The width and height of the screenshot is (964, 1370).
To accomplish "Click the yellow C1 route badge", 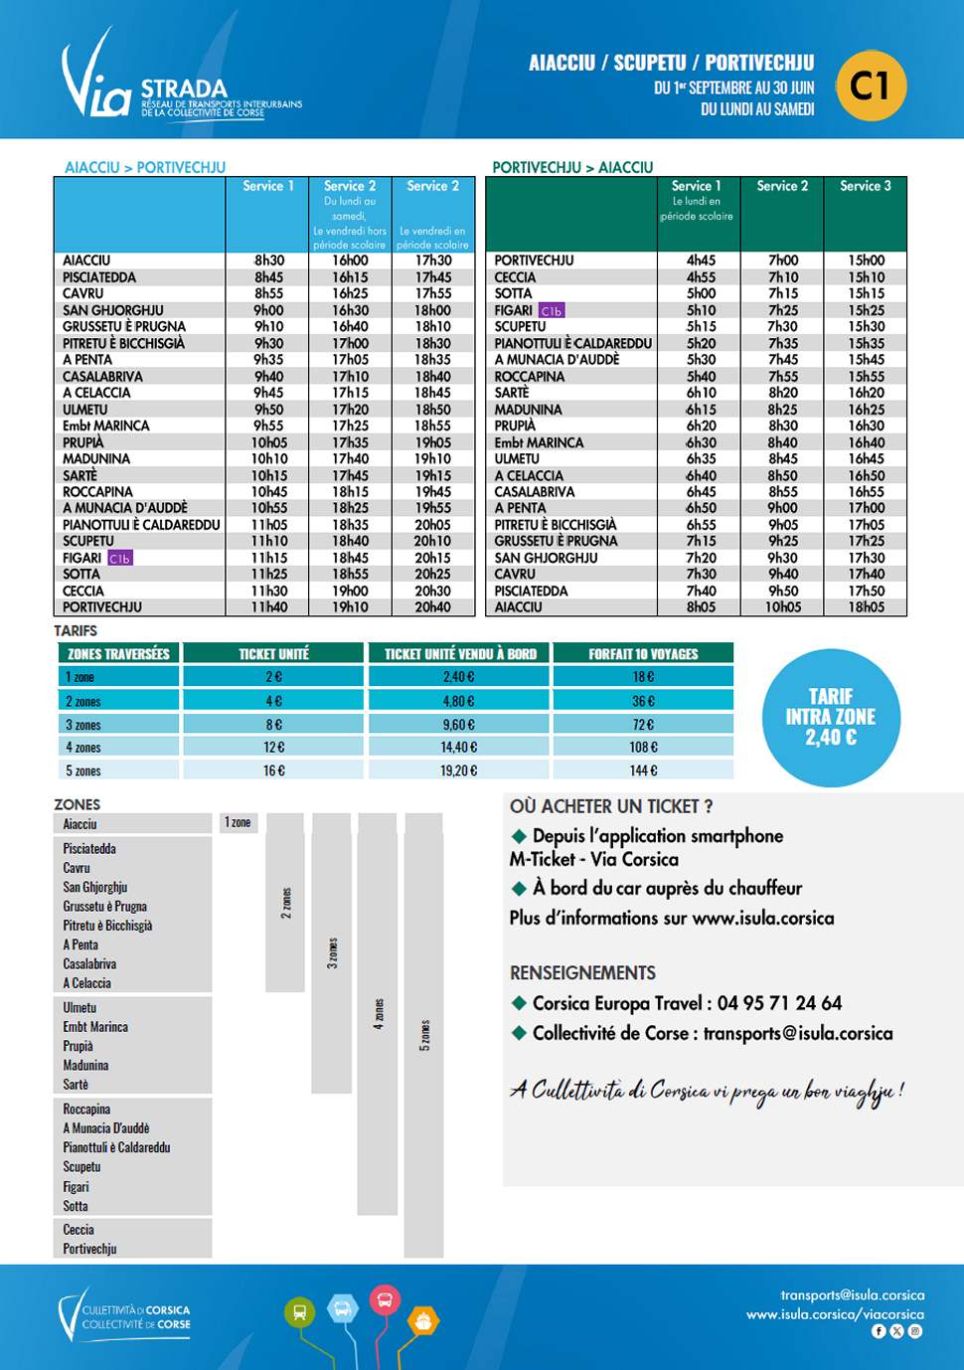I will pyautogui.click(x=871, y=86).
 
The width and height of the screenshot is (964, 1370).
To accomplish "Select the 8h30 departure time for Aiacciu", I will pyautogui.click(x=268, y=260).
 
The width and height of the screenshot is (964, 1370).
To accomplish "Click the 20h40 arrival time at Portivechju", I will pyautogui.click(x=432, y=606).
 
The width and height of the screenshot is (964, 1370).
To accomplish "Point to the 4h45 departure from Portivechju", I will pyautogui.click(x=701, y=260).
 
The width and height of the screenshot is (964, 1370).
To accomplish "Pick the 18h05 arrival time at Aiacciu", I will pyautogui.click(x=866, y=606).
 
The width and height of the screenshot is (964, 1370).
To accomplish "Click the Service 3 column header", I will pyautogui.click(x=865, y=186).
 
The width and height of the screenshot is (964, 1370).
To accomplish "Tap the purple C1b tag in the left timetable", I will pyautogui.click(x=119, y=559).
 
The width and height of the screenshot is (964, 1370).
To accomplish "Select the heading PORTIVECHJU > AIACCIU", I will pyautogui.click(x=572, y=167).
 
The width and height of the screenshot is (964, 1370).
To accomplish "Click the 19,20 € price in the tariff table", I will pyautogui.click(x=458, y=771).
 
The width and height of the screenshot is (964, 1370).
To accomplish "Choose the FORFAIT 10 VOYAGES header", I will pyautogui.click(x=643, y=654).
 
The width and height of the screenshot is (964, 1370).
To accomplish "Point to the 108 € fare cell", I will pyautogui.click(x=643, y=747).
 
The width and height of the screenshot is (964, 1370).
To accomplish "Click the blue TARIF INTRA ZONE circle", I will pyautogui.click(x=831, y=717).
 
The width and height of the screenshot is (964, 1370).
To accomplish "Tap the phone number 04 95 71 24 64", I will pyautogui.click(x=779, y=1003).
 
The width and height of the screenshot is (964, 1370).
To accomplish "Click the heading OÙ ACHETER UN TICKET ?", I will pyautogui.click(x=611, y=806).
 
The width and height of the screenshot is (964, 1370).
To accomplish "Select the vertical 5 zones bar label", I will pyautogui.click(x=424, y=1035).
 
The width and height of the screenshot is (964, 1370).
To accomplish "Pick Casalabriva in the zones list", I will pyautogui.click(x=89, y=963).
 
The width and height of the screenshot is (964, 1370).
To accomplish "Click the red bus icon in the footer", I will pyautogui.click(x=384, y=1299).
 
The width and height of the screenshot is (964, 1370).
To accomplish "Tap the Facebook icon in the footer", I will pyautogui.click(x=879, y=1331).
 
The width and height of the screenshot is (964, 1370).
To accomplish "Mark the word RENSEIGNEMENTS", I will pyautogui.click(x=582, y=972).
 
